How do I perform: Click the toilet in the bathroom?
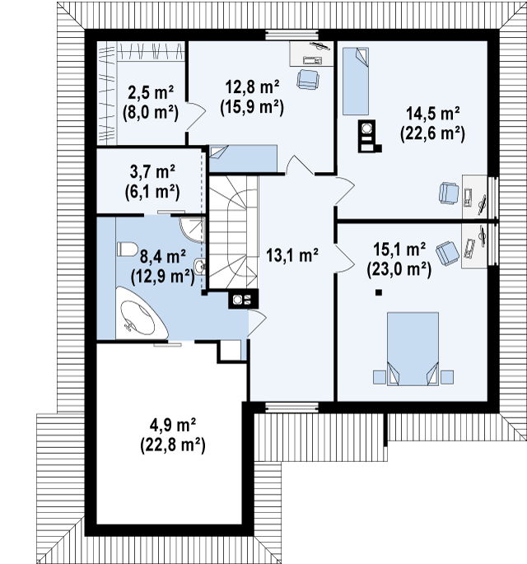click(x=127, y=249)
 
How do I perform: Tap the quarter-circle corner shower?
click(x=193, y=229)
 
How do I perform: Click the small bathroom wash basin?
click(x=199, y=267)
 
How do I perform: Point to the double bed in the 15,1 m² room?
click(x=413, y=349)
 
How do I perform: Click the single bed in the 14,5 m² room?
click(x=356, y=82)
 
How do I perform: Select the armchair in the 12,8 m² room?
click(x=308, y=79)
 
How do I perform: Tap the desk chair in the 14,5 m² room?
click(x=448, y=193)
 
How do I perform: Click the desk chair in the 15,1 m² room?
click(x=447, y=253)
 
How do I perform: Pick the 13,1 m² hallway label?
click(x=292, y=255)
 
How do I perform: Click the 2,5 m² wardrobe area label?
click(x=151, y=93)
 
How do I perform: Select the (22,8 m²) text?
click(x=173, y=445)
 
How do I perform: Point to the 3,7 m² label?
click(x=152, y=171)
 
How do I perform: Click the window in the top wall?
click(x=292, y=35)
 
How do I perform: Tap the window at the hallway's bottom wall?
click(x=292, y=407)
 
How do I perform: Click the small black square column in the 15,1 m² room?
click(x=378, y=293)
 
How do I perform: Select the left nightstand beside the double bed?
click(x=380, y=377)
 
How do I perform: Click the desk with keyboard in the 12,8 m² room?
click(x=310, y=54)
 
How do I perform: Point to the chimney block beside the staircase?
click(x=243, y=299)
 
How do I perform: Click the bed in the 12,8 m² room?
click(x=243, y=159)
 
